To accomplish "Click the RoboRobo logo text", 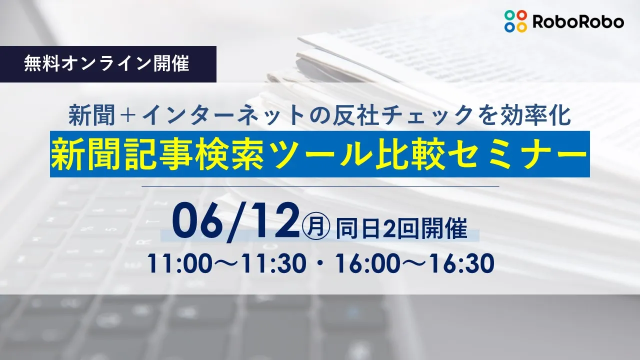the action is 578,21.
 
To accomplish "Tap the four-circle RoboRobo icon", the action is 515,21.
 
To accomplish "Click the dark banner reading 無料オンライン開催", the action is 108,64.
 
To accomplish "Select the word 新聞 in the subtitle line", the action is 91,115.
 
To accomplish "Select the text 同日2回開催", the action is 401,229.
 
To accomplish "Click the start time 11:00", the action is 179,263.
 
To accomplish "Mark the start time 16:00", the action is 366,263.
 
